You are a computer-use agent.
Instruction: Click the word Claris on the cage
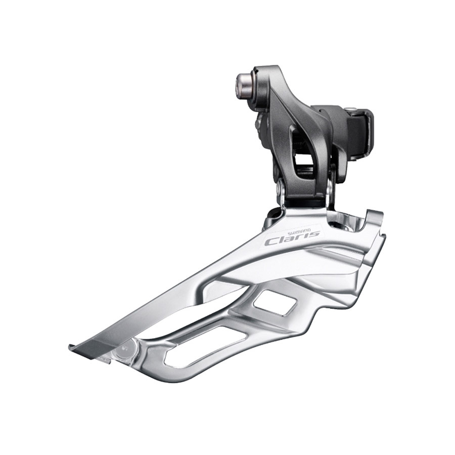[292, 237]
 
